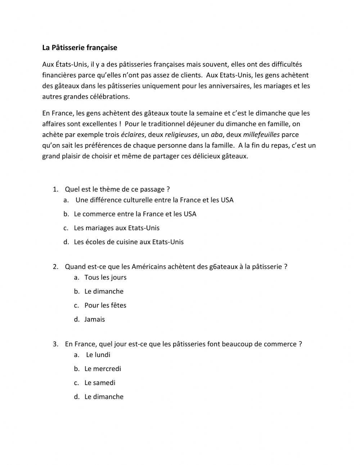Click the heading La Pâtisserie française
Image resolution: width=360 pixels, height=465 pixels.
point(80,48)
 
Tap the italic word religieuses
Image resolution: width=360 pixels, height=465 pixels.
point(181,135)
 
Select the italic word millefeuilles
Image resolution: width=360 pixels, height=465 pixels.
point(261,135)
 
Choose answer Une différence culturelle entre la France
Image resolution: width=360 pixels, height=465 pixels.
point(154,200)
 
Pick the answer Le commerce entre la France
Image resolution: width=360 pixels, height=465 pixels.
point(135,214)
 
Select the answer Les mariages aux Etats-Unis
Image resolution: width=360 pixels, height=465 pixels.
point(116,228)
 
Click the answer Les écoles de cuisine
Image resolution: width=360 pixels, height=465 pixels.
point(129,242)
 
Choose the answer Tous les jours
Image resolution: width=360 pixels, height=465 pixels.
point(105,277)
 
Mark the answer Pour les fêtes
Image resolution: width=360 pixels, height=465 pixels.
point(105,305)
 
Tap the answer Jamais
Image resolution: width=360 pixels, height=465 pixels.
point(94,319)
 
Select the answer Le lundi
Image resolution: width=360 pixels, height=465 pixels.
point(98,355)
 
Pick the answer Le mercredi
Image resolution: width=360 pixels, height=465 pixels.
point(103,369)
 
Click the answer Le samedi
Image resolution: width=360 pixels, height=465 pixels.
point(100,383)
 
